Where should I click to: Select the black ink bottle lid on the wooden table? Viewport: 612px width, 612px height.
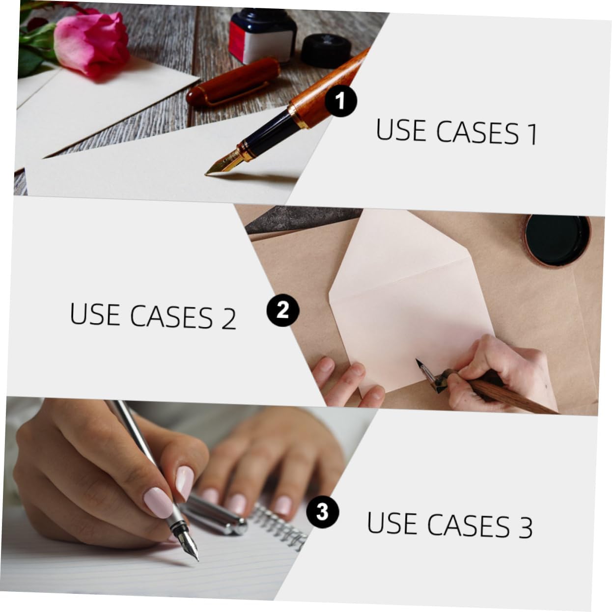(x=326, y=51)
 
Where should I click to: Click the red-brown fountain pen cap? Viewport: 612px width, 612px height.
(x=233, y=82)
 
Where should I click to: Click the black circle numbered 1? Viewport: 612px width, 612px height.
(x=341, y=101)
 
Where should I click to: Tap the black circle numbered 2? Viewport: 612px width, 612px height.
(x=282, y=310)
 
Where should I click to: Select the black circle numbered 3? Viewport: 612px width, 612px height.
(x=322, y=512)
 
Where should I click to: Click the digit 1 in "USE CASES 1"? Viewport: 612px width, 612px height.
(x=532, y=134)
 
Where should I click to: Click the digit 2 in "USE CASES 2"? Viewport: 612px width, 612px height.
(x=228, y=319)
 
